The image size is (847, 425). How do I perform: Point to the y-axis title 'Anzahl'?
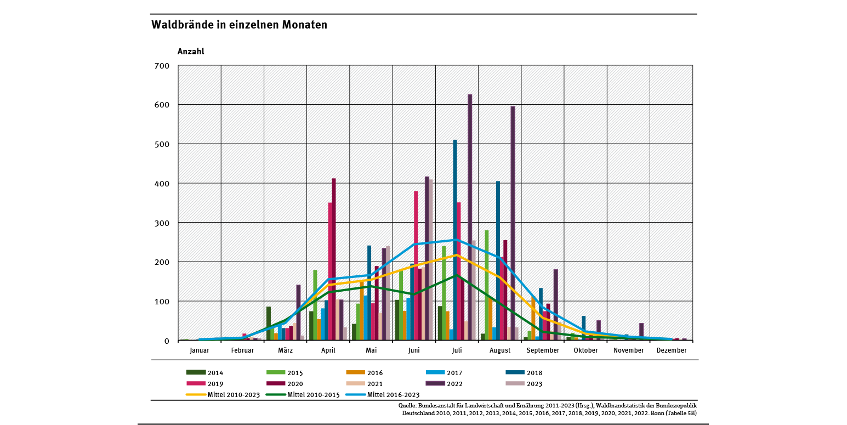(191, 52)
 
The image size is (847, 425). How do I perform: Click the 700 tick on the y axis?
(163, 66)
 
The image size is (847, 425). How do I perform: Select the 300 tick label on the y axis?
(163, 223)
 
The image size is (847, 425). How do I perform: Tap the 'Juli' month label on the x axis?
(457, 350)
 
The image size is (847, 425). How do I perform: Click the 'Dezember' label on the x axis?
(671, 350)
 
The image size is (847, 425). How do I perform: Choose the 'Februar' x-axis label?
(242, 350)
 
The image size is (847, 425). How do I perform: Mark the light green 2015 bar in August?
(487, 285)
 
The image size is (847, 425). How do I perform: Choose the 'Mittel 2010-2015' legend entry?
(302, 394)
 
